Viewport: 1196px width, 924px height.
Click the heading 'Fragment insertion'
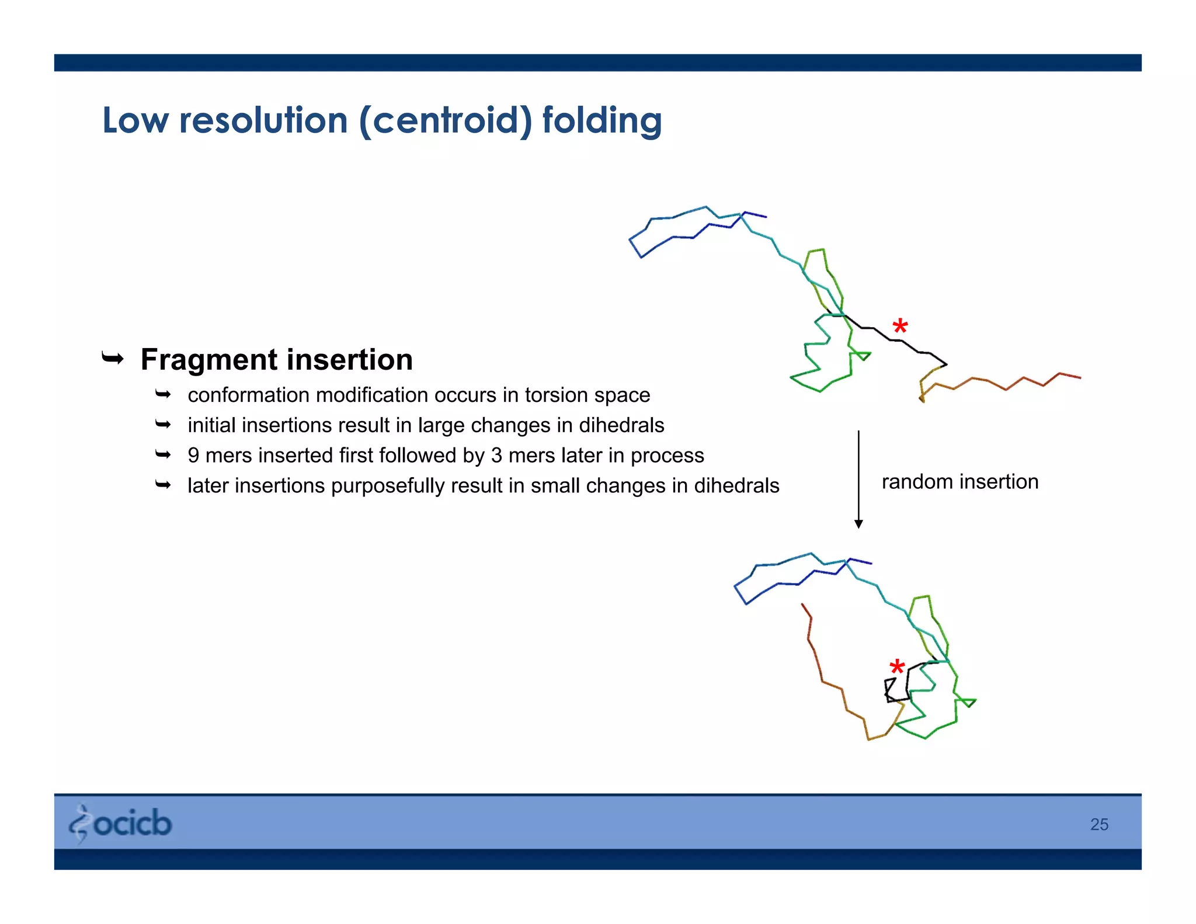tap(276, 359)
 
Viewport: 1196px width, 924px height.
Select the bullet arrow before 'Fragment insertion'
tap(113, 357)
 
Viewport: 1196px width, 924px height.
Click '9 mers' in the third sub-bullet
tap(220, 456)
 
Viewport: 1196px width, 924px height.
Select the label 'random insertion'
tap(959, 482)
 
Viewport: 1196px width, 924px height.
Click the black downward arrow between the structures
tap(858, 479)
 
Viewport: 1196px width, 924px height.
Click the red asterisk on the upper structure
tap(900, 326)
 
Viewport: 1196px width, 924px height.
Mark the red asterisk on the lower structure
tap(897, 667)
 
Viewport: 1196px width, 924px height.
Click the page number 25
tap(1099, 824)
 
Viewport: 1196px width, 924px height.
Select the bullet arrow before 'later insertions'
tap(163, 485)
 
